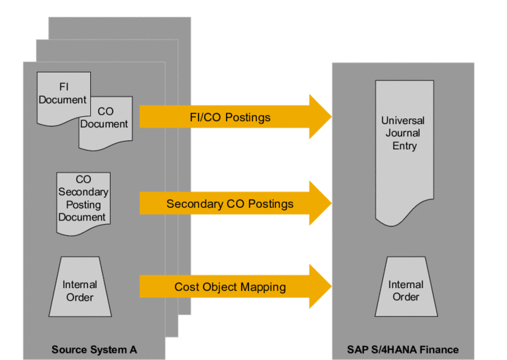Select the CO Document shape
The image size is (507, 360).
click(104, 121)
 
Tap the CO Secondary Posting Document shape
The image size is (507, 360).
click(82, 200)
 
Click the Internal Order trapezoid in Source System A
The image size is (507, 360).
click(80, 290)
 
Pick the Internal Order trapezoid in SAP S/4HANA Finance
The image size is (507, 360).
click(405, 290)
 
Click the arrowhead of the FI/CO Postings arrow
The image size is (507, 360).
click(320, 117)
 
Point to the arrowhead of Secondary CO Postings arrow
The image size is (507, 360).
click(320, 204)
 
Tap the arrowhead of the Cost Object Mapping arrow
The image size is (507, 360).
click(320, 286)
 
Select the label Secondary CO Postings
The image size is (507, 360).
click(230, 204)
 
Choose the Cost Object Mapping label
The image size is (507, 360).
click(230, 287)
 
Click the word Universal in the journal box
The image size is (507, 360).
click(403, 120)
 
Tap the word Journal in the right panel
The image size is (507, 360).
click(403, 133)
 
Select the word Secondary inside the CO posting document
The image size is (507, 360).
click(82, 192)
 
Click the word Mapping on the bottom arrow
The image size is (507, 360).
click(262, 287)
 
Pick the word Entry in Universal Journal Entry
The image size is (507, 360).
click(403, 146)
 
